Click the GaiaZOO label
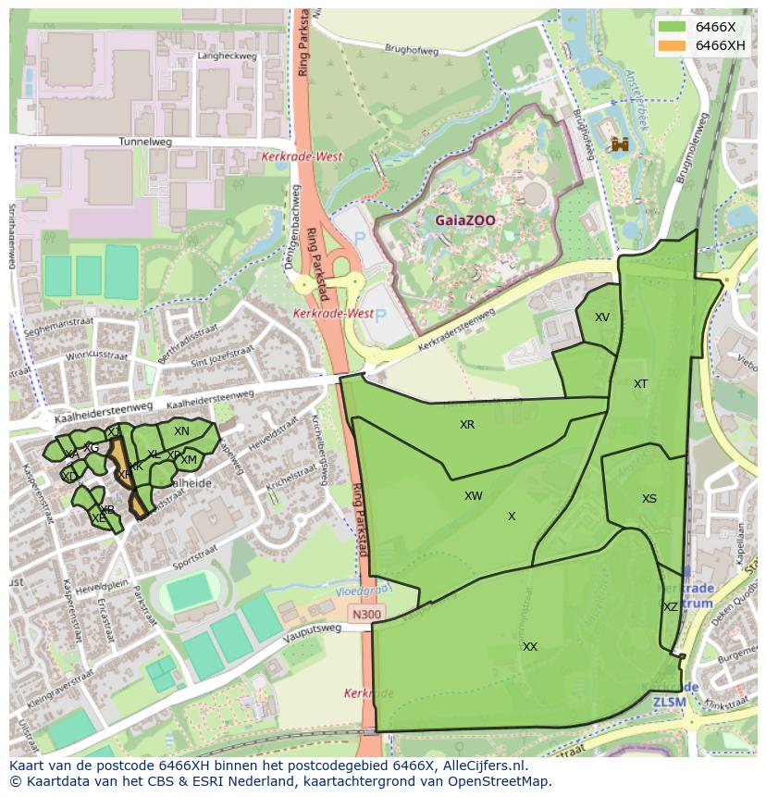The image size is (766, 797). click(466, 220)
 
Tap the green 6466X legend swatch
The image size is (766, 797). click(672, 27)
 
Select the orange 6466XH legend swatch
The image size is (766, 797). click(672, 45)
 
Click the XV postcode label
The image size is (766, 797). click(602, 318)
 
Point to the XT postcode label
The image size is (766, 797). click(640, 384)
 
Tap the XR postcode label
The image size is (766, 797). click(467, 425)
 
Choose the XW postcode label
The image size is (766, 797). click(474, 496)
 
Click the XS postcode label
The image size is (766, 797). click(649, 499)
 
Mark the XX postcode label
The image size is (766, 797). click(529, 647)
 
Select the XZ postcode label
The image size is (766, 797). click(671, 607)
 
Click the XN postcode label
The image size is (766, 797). click(181, 431)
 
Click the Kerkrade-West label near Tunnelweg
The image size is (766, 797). click(302, 157)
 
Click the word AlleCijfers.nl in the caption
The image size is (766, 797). click(482, 766)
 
